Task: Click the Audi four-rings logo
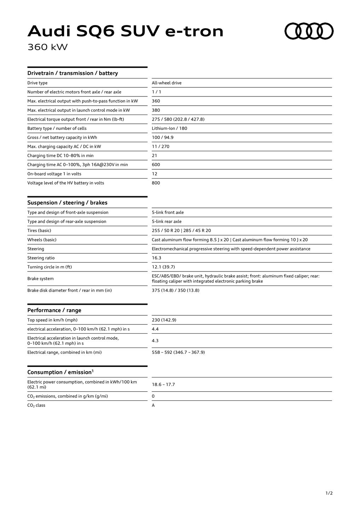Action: point(309,31)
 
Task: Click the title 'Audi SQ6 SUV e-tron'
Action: point(126,31)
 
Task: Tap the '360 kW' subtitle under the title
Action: point(47,47)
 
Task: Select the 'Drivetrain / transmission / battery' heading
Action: point(72,73)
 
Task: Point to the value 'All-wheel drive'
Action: point(167,83)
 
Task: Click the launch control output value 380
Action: point(156,110)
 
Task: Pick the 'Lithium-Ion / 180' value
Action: point(169,128)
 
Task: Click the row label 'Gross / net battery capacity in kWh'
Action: point(62,138)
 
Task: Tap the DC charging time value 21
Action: point(155,156)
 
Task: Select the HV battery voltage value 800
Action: point(156,183)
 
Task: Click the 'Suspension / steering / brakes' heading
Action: point(67,203)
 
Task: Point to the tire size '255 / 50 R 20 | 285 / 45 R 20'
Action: point(181,230)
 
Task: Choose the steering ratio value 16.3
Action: point(156,258)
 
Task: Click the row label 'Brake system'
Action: point(41,279)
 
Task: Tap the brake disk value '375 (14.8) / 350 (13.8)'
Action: point(175,291)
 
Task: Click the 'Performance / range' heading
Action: point(54,310)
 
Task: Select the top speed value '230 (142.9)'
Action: point(164,320)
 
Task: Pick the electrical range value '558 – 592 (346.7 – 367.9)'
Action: point(178,352)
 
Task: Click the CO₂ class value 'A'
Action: point(153,405)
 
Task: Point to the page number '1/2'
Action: point(329,493)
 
